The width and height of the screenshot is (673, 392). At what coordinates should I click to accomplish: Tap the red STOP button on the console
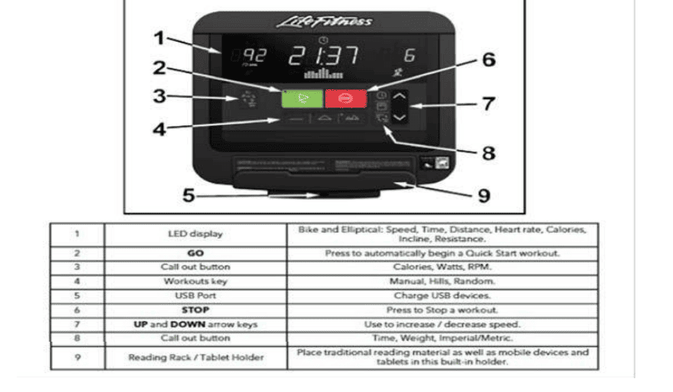pos(345,98)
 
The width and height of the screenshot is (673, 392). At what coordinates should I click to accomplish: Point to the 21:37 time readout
pos(323,56)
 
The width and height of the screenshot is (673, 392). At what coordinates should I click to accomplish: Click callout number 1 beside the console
pos(158,37)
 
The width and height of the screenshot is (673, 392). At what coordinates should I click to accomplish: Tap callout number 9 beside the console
pos(483,195)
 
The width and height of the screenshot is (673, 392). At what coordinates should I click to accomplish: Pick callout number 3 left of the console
pos(158,96)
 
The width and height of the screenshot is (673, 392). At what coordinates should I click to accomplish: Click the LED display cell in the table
pos(195,234)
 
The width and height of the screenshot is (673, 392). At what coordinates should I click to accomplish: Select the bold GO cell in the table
pos(195,252)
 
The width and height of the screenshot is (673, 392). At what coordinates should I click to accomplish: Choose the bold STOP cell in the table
pos(195,310)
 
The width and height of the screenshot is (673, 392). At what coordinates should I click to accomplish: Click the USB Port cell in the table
pos(195,296)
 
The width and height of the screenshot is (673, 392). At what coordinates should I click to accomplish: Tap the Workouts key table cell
pos(195,281)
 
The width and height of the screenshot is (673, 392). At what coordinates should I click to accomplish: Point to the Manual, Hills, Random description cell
pos(442,281)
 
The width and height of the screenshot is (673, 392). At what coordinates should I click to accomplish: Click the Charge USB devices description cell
pos(442,296)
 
